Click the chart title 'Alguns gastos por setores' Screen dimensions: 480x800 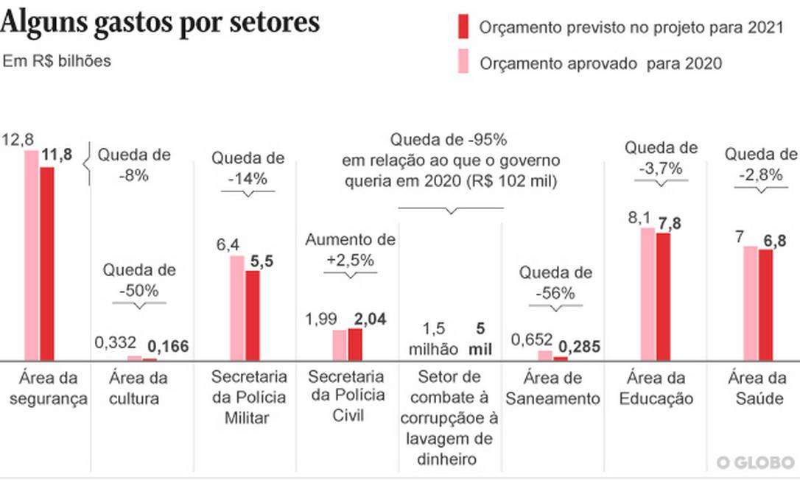pyautogui.click(x=160, y=22)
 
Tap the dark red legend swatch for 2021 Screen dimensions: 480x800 pyautogui.click(x=463, y=27)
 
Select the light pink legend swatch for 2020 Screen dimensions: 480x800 pyautogui.click(x=463, y=62)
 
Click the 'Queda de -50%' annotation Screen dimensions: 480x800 pyautogui.click(x=139, y=280)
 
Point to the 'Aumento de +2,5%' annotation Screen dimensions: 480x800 pyautogui.click(x=351, y=250)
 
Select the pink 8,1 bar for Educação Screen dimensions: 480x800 pyautogui.click(x=648, y=294)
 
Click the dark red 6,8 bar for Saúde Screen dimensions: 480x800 pyautogui.click(x=766, y=305)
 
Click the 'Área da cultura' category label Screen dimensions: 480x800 pyautogui.click(x=138, y=389)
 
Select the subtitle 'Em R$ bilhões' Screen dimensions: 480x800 pyautogui.click(x=57, y=61)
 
